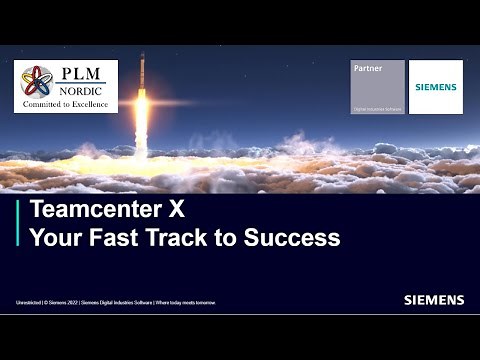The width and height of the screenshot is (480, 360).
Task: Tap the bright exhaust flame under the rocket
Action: tap(142, 120)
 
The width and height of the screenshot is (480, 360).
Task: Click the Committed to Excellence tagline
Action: tap(66, 103)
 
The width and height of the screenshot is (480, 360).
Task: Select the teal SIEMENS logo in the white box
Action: tap(436, 87)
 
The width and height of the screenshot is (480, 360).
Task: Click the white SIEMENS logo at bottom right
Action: tap(434, 299)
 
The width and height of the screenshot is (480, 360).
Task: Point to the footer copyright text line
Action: tap(115, 301)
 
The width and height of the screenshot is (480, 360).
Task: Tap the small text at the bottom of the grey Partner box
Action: tap(378, 108)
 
